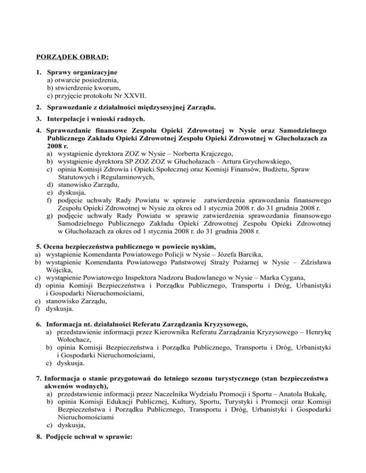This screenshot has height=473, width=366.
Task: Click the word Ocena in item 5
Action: click(x=57, y=246)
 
